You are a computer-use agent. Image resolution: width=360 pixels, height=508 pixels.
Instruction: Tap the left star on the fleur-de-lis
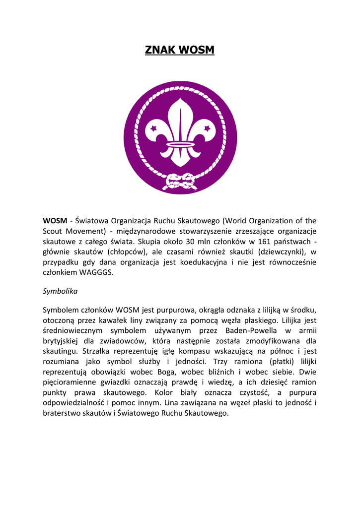153,128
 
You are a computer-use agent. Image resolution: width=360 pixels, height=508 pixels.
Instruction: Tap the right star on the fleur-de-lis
207,128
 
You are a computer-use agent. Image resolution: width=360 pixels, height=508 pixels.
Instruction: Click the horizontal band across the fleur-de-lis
180,144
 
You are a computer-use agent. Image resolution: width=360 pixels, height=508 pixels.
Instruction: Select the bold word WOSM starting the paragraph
55,221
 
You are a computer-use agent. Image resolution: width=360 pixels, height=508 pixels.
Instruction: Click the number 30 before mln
191,242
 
